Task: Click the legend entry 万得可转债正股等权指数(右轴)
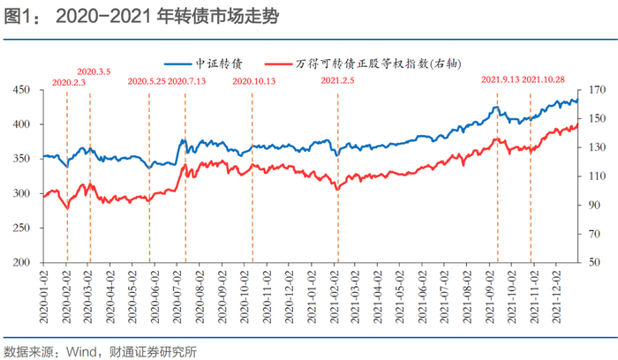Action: [380, 64]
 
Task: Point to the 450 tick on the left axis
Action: [21, 90]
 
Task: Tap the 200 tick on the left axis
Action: [21, 263]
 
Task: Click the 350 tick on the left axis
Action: [21, 159]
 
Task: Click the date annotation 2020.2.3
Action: [69, 81]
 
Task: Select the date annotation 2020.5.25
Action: [147, 81]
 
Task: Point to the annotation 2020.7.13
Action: [186, 81]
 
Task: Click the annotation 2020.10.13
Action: [254, 81]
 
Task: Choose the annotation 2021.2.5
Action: [338, 81]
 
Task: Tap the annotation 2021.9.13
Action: [500, 81]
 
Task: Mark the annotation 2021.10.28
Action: [544, 81]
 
